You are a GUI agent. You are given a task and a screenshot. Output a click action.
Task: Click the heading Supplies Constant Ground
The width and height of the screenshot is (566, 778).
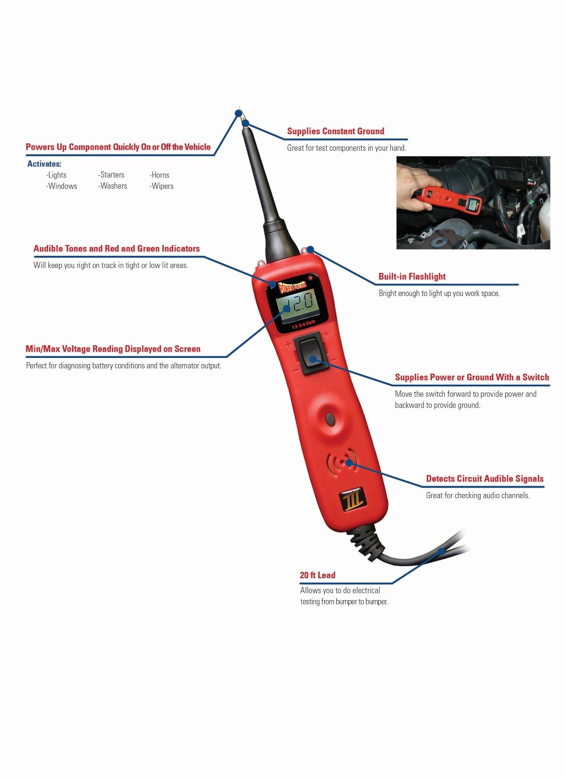pyautogui.click(x=335, y=131)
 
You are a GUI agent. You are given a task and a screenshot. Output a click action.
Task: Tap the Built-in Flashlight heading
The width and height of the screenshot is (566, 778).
pyautogui.click(x=412, y=277)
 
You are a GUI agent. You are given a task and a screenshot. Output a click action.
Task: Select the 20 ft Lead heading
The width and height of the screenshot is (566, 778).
pyautogui.click(x=317, y=575)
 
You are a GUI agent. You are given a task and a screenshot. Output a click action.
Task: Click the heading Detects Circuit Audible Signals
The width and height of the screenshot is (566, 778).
pyautogui.click(x=485, y=479)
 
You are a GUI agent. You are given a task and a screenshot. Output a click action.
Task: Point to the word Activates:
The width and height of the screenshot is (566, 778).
pyautogui.click(x=44, y=164)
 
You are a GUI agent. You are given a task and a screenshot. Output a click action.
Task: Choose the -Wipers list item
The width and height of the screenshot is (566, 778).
pyautogui.click(x=161, y=186)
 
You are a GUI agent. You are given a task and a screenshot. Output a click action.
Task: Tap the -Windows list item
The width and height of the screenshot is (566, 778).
pyautogui.click(x=61, y=186)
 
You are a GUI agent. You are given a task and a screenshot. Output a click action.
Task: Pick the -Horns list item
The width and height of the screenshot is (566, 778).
pyautogui.click(x=159, y=175)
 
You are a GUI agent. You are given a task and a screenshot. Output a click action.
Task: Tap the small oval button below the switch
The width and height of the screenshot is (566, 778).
pyautogui.click(x=330, y=418)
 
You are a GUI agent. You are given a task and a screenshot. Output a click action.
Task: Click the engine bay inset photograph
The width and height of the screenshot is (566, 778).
pyautogui.click(x=473, y=203)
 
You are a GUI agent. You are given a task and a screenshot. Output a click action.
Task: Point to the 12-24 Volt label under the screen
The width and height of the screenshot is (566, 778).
pyautogui.click(x=304, y=324)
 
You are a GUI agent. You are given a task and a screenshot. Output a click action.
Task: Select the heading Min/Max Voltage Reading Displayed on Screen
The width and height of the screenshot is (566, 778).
pyautogui.click(x=113, y=349)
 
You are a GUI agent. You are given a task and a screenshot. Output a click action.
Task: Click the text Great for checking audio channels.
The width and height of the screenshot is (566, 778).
pyautogui.click(x=478, y=495)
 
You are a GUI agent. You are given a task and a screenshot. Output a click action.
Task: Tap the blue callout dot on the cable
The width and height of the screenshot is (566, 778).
pyautogui.click(x=441, y=551)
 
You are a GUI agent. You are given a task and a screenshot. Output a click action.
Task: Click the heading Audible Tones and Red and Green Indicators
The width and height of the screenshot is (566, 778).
pyautogui.click(x=117, y=249)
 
